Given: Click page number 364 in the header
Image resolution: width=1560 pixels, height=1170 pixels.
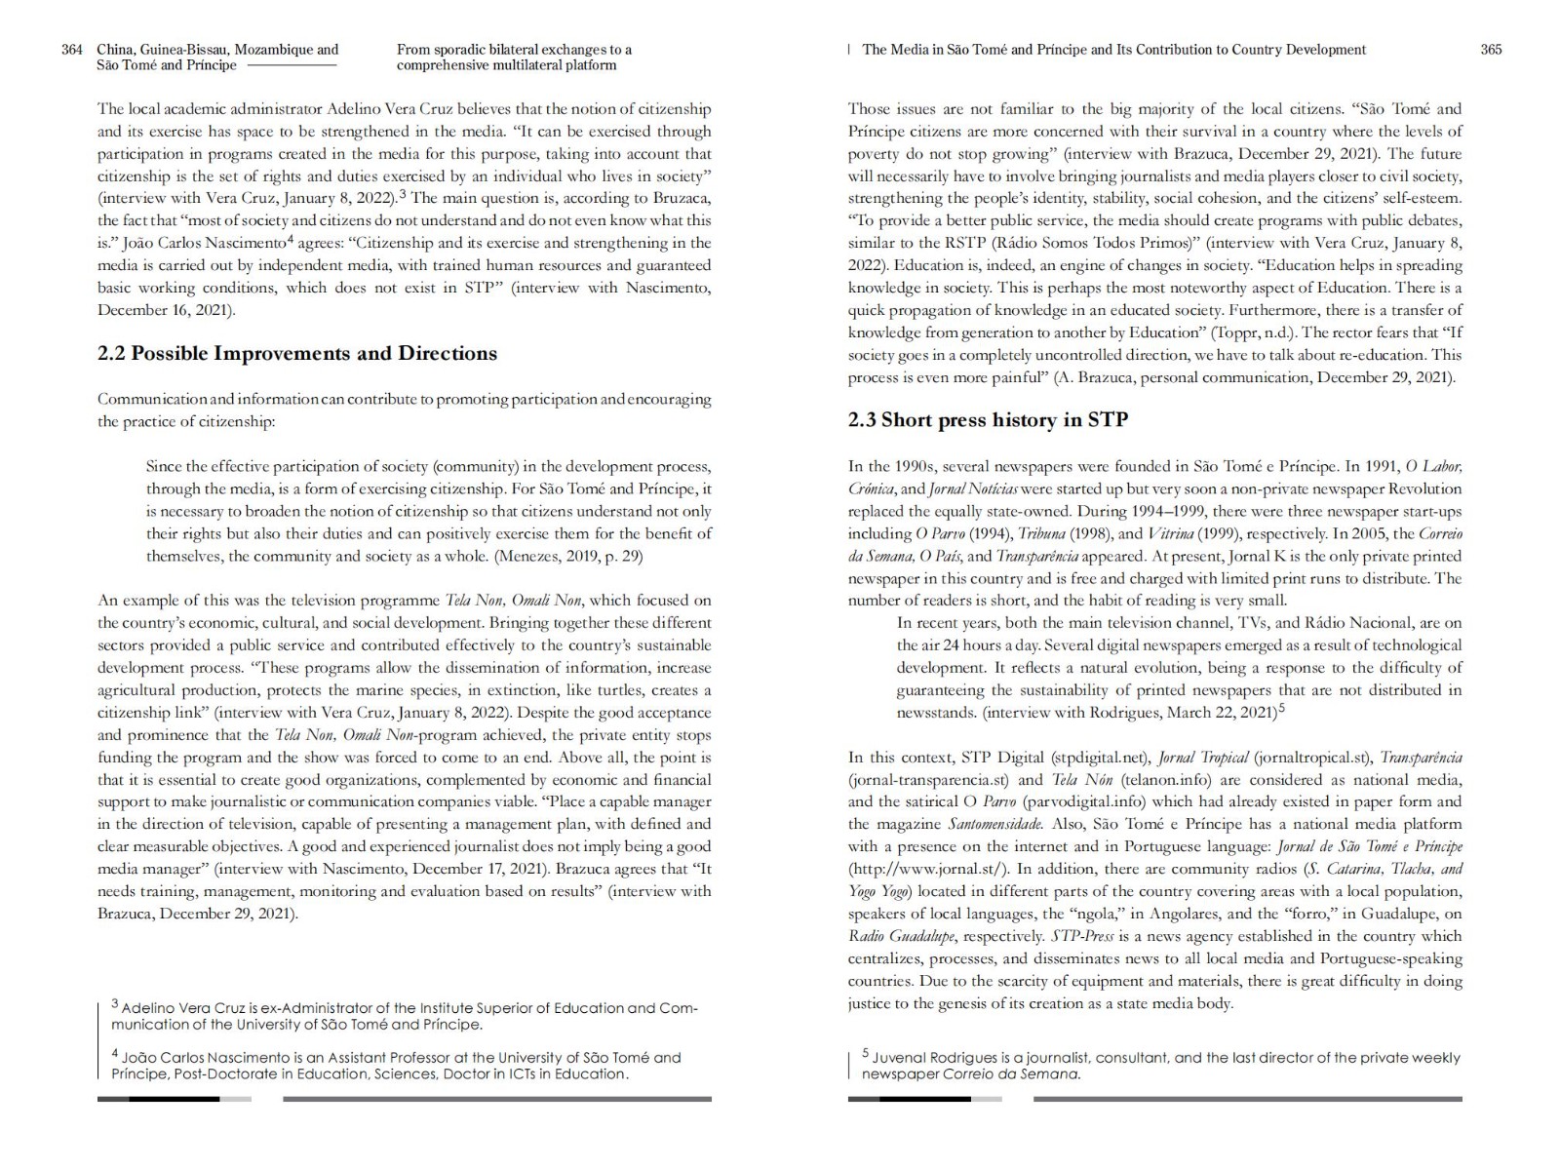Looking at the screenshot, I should [71, 50].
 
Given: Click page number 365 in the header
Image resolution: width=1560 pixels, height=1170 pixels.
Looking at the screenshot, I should [1491, 50].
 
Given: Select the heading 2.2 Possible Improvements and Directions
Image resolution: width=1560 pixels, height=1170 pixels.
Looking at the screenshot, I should [296, 354].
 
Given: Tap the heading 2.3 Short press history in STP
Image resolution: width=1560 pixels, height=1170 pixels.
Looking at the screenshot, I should [988, 420].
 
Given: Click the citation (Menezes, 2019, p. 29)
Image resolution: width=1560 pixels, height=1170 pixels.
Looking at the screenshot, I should [567, 556].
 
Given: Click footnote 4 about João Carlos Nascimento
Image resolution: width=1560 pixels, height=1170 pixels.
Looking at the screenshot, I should [396, 1065].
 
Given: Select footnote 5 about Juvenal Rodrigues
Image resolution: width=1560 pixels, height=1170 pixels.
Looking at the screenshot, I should [1160, 1065].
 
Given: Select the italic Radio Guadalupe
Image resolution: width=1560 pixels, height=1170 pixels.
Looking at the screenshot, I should [902, 936].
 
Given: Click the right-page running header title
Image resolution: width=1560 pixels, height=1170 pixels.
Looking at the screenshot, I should [1113, 50].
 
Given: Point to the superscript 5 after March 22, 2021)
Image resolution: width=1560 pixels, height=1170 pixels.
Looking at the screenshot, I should [1281, 709].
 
